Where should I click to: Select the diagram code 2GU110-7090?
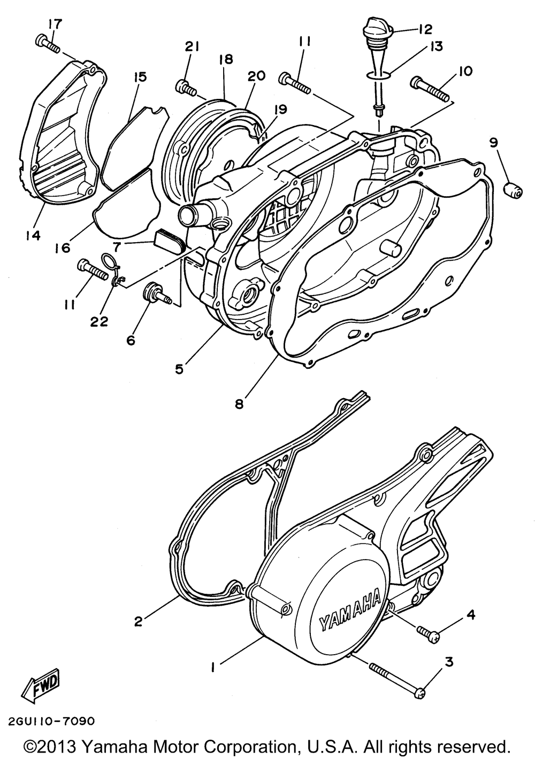click(51, 721)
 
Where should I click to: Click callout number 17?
click(55, 24)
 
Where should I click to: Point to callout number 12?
click(426, 28)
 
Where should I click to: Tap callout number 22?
click(100, 321)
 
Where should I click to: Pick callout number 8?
click(239, 404)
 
